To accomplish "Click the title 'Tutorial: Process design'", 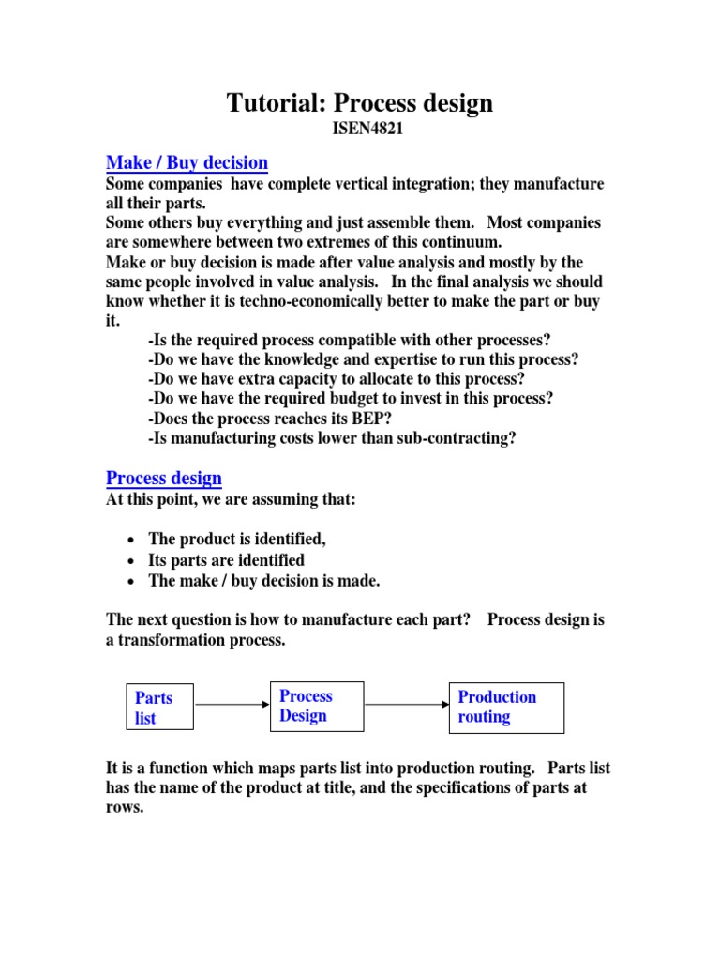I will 359,103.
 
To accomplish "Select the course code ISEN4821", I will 359,130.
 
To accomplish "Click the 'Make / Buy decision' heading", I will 187,162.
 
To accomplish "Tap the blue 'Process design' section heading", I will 164,478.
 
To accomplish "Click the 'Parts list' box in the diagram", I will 160,708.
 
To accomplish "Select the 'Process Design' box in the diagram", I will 317,706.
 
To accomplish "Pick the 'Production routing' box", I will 506,707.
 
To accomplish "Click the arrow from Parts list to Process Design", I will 232,704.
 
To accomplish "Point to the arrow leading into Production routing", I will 406,704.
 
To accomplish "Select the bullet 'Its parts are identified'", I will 226,560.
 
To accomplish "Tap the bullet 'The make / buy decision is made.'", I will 264,581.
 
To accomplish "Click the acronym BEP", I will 371,419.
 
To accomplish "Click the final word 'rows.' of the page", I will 125,807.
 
